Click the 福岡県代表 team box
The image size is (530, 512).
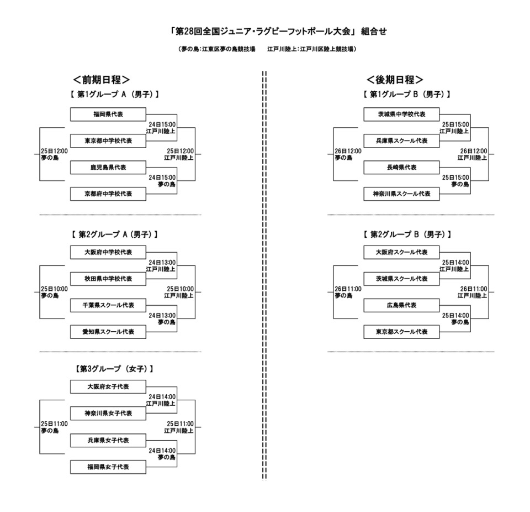108,114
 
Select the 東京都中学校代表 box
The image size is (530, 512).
108,141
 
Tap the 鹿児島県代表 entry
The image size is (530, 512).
108,168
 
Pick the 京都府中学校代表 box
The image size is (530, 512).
108,194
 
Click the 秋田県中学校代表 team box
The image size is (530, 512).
108,279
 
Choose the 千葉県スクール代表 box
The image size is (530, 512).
108,305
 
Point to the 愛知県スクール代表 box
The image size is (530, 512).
108,332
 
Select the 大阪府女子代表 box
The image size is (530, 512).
108,386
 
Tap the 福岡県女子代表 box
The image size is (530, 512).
108,467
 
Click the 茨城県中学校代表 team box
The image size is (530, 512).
401,114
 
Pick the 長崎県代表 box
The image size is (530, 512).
401,168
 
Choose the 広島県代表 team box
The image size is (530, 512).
401,305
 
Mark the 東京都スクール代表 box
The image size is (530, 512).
401,332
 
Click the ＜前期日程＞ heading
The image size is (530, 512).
102,79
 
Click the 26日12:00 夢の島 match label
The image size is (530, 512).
348,154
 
